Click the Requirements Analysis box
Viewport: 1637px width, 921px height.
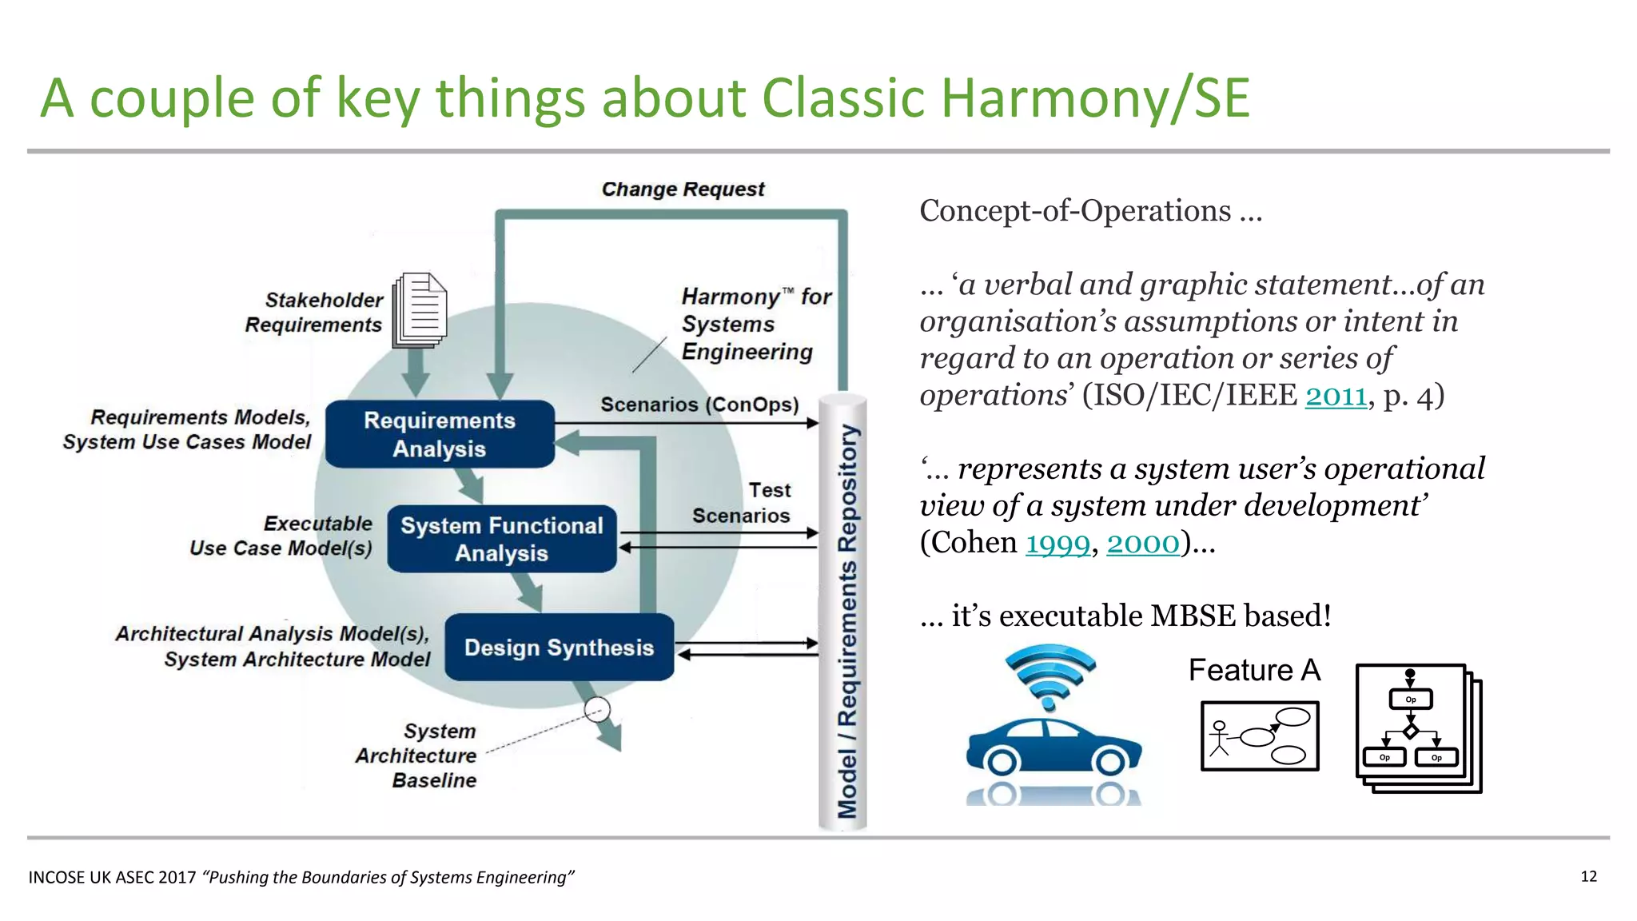pos(440,434)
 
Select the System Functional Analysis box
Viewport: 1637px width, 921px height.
pos(501,539)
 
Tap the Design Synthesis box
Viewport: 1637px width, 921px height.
pos(559,648)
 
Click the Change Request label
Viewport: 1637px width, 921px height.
pos(683,189)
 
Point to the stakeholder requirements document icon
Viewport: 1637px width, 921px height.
pos(420,310)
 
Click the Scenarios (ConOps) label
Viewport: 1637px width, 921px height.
pos(699,405)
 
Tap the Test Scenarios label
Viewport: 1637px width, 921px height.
pos(743,503)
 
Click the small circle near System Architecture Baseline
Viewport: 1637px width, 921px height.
pos(597,709)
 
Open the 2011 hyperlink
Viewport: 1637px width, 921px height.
pos(1336,396)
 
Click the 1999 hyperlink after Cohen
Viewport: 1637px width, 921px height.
pos(1057,544)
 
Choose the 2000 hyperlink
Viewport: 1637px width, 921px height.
pos(1142,544)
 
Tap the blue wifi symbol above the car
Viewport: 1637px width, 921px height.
pos(1050,676)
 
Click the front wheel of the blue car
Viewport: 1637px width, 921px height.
pos(1110,761)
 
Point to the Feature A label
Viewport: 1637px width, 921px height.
pos(1253,670)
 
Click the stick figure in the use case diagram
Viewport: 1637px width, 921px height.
pos(1219,738)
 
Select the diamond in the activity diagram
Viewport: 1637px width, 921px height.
pos(1411,731)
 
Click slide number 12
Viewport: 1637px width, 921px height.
pos(1588,876)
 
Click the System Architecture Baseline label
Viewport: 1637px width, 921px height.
pos(417,756)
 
